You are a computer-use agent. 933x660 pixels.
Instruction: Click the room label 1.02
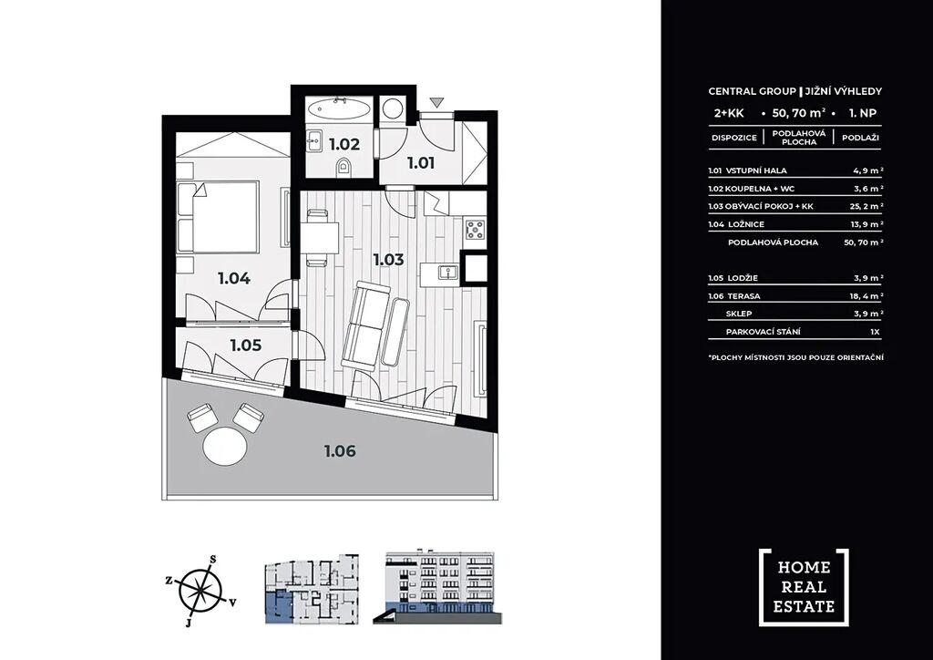pos(344,144)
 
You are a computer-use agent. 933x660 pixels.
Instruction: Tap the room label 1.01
pos(421,162)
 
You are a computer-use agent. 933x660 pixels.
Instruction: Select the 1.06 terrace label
pos(341,451)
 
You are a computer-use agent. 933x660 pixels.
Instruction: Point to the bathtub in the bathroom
pos(339,108)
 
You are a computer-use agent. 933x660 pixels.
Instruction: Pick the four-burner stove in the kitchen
pos(476,229)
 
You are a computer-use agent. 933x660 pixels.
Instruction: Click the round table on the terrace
pos(225,447)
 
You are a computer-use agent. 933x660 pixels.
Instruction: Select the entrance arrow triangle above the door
pos(437,102)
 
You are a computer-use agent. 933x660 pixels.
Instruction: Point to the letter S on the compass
pos(212,559)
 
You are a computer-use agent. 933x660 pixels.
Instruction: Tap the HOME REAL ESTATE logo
pos(804,587)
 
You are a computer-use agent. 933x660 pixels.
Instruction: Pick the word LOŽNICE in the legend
pos(746,224)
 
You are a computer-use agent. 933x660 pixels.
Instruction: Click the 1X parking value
pos(874,332)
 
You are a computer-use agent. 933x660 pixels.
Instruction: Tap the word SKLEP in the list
pos(738,314)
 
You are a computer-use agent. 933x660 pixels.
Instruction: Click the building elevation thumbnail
pos(437,588)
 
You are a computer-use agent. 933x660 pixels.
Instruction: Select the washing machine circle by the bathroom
pos(392,108)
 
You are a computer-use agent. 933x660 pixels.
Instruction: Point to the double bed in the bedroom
pos(218,217)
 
